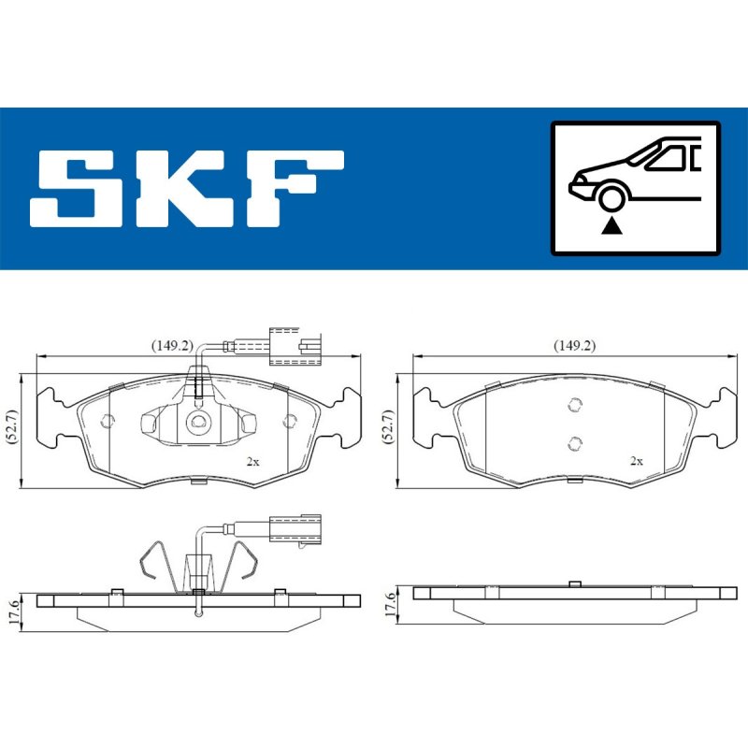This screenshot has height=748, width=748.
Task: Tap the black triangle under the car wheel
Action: coord(611,225)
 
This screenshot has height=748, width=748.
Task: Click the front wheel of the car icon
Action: coord(611,199)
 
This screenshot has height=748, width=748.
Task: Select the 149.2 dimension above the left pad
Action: coord(172,345)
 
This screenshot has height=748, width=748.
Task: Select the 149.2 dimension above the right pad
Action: coord(574,345)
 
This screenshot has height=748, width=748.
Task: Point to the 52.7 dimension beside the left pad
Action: coord(12,427)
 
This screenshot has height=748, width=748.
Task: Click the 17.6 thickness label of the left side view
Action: coord(14,612)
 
